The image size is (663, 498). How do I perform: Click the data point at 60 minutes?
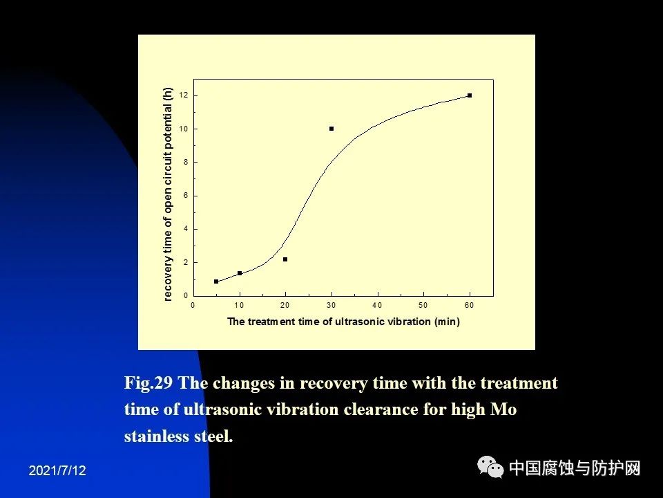[x=470, y=95]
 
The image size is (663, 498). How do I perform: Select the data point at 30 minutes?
[x=331, y=129]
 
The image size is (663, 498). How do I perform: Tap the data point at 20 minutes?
[x=285, y=259]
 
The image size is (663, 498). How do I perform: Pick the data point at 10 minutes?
[x=240, y=274]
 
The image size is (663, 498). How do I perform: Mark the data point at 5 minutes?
[x=216, y=282]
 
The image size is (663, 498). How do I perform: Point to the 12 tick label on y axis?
[x=184, y=95]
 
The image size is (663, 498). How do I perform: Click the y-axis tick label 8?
[x=186, y=162]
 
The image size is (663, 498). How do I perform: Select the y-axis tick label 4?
[x=186, y=229]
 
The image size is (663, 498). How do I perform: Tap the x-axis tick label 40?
[x=377, y=305]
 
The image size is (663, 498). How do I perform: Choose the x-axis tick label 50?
[x=423, y=305]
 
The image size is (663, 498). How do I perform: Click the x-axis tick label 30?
[x=331, y=305]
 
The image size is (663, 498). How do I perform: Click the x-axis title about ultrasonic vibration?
[x=343, y=322]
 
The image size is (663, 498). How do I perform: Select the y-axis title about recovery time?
[x=168, y=194]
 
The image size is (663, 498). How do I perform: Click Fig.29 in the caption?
[x=148, y=383]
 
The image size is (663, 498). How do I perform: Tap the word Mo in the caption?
[x=503, y=409]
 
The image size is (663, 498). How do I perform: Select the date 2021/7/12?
[x=57, y=470]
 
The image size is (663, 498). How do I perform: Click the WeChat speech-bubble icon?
[x=490, y=467]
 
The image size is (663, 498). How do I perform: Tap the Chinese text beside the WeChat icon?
[x=575, y=468]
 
